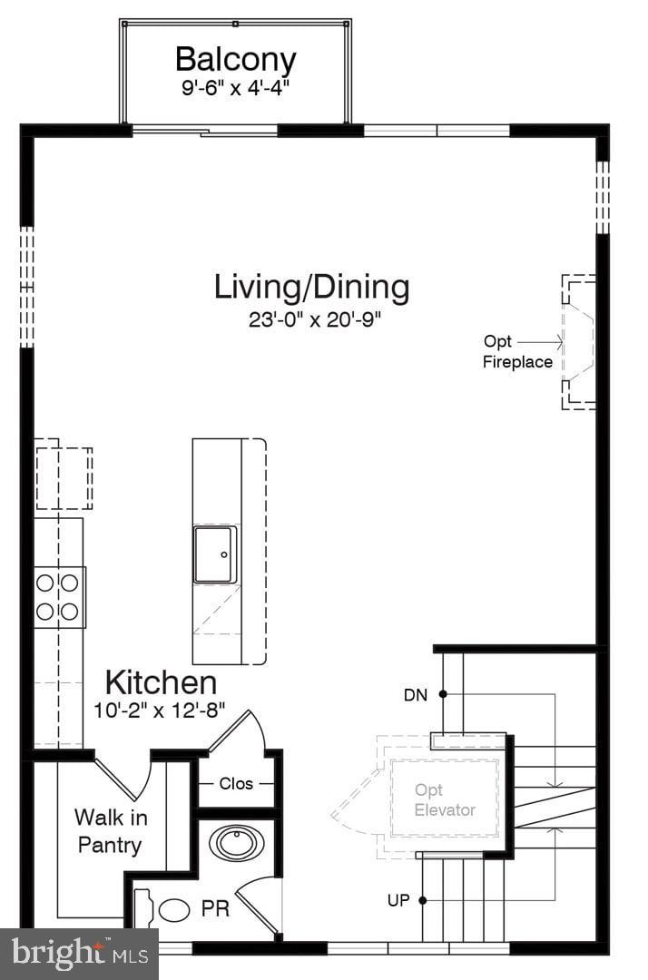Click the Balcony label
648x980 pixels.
[x=235, y=60]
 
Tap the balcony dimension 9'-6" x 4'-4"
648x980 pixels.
[x=235, y=89]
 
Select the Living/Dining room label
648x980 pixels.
[x=311, y=287]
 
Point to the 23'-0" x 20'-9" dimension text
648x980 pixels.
[x=311, y=320]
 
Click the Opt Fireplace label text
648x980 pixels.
[x=516, y=352]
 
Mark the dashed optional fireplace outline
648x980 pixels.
[x=577, y=342]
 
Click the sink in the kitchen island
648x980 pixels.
[x=215, y=554]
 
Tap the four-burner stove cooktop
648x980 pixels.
[x=57, y=597]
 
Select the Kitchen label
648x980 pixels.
[x=161, y=682]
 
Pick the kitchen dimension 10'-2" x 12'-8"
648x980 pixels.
[x=160, y=710]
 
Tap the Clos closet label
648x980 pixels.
[x=236, y=783]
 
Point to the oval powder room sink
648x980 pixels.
[x=237, y=843]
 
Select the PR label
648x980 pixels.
[x=216, y=908]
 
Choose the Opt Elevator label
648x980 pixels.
[x=445, y=800]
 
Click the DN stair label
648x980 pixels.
[x=416, y=695]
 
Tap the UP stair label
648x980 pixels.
[x=398, y=900]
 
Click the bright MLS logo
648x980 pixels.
[x=79, y=954]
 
